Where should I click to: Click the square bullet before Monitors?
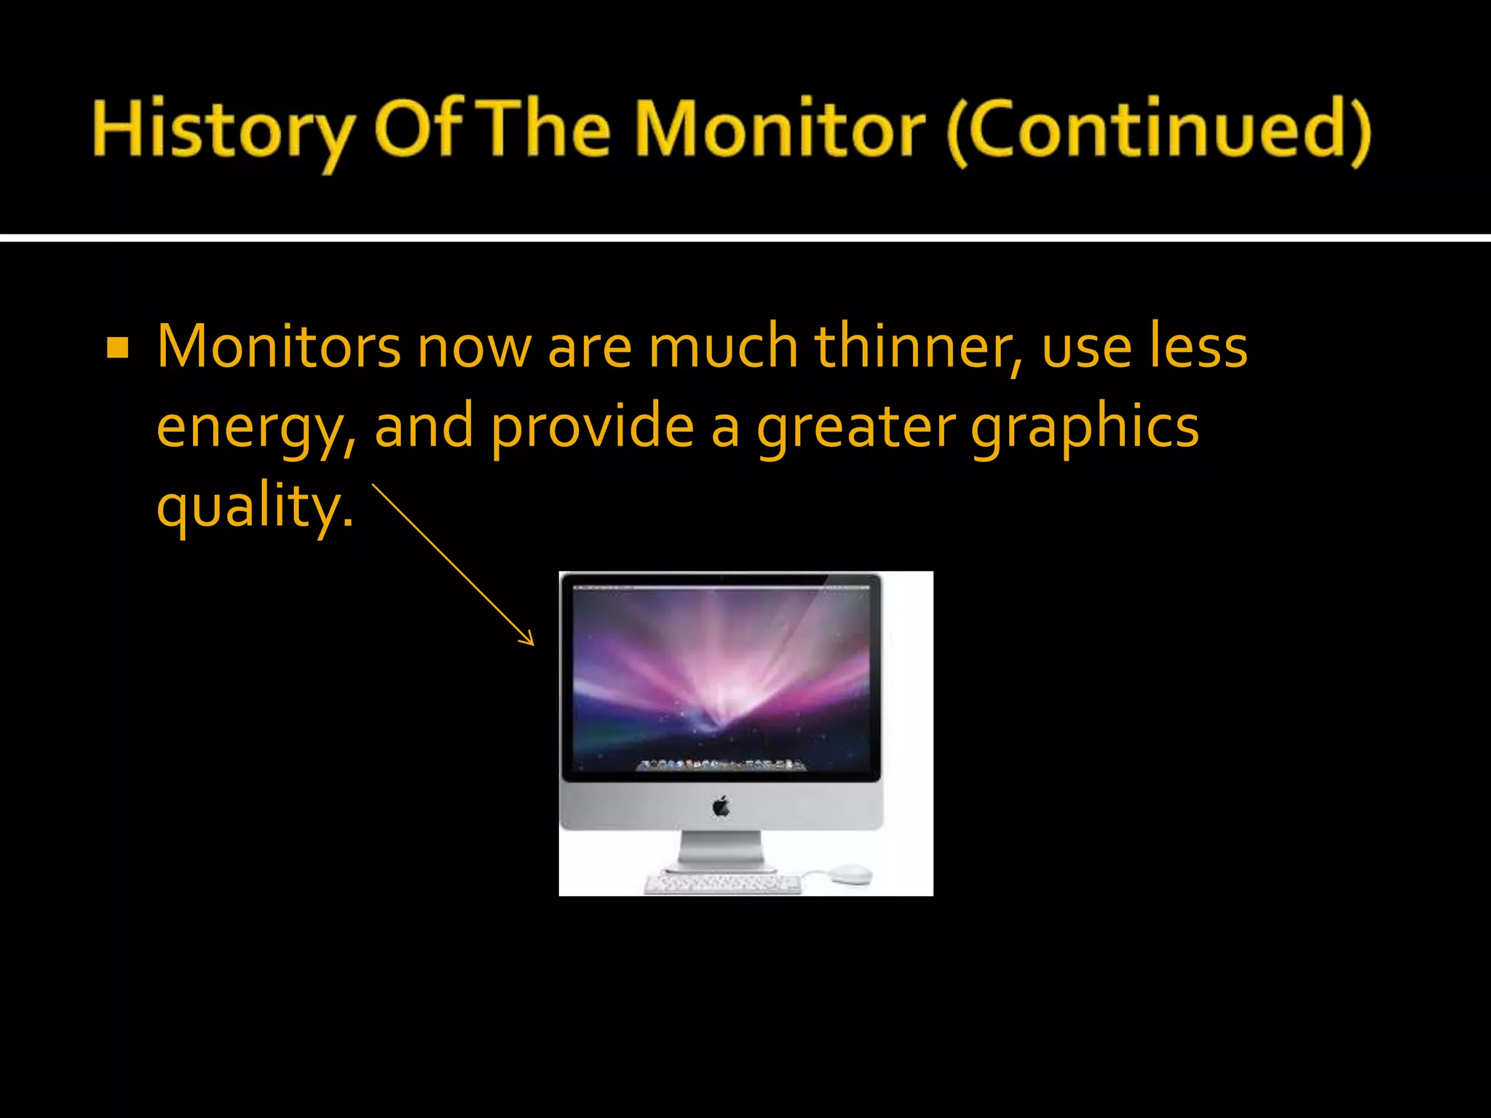tap(117, 349)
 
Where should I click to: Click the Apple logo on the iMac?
tap(721, 806)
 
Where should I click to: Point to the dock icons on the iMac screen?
tap(721, 765)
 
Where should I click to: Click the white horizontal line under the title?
tap(745, 238)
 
